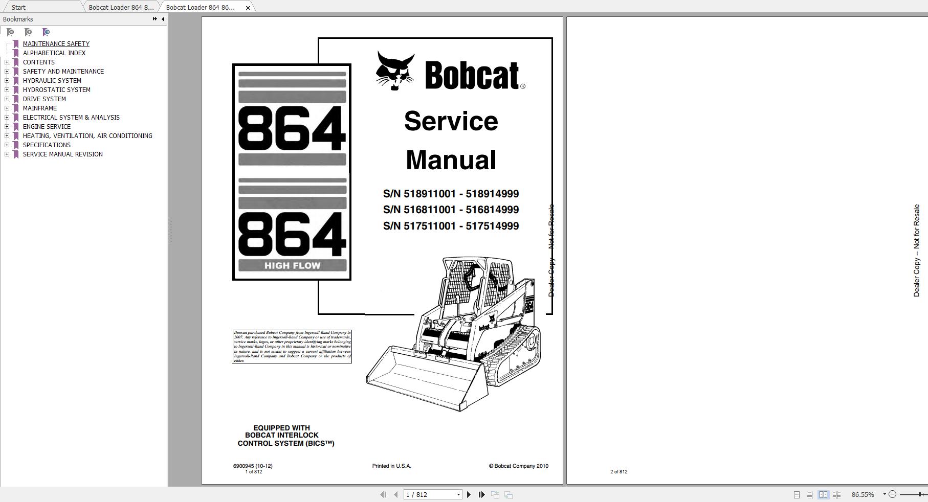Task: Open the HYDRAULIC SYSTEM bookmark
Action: [52, 81]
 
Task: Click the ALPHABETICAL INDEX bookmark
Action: [54, 53]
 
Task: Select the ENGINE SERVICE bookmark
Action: [47, 127]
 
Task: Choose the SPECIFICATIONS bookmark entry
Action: [47, 145]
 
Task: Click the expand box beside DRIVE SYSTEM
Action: [7, 99]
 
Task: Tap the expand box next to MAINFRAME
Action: [7, 108]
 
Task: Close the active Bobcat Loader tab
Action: [248, 8]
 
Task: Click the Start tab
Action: [18, 8]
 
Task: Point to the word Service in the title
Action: [451, 122]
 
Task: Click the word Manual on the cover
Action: [451, 160]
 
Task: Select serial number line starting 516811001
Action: [451, 210]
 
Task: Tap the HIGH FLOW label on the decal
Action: [292, 266]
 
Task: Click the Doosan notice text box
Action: [292, 347]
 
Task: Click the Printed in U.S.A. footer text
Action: [391, 466]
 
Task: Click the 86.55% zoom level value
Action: [863, 495]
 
